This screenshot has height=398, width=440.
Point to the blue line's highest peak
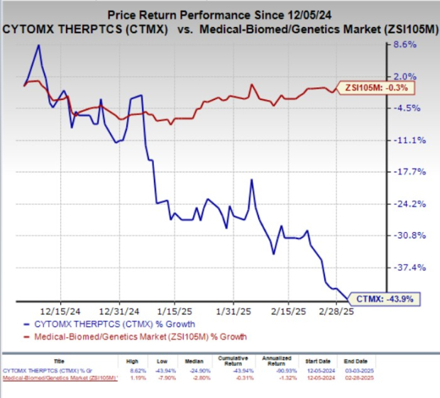[38, 45]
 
